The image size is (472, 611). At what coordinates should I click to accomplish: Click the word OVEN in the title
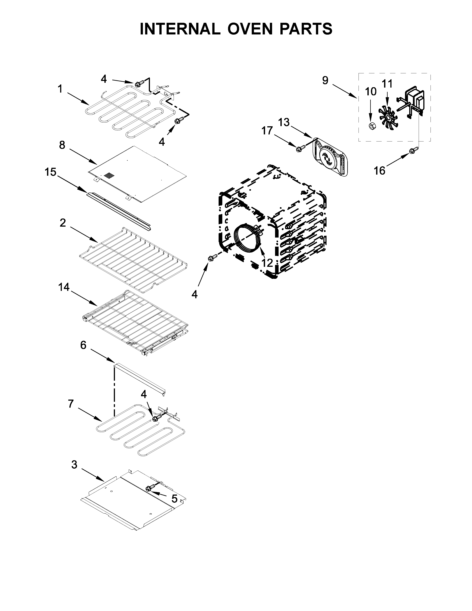(250, 29)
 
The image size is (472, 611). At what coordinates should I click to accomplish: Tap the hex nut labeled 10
(372, 126)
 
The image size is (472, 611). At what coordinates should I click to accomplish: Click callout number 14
(64, 287)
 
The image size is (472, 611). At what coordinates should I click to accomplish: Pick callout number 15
(50, 172)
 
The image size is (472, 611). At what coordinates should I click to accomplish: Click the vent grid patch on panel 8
(109, 176)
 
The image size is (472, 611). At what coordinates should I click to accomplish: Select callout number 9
(325, 80)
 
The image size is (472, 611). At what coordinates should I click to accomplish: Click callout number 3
(74, 464)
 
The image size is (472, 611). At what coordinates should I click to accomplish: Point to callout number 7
(71, 403)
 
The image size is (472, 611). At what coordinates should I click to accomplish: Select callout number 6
(83, 345)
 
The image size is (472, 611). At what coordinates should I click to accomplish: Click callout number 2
(63, 223)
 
